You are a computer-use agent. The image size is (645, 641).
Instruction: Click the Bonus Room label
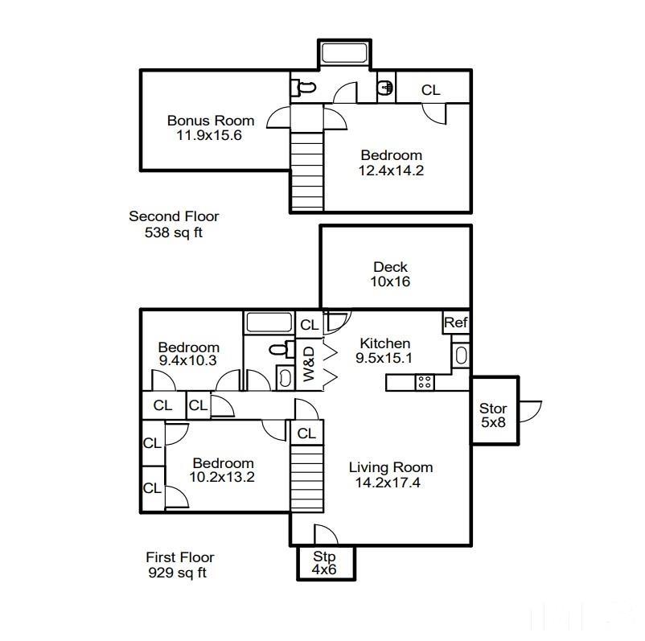coord(211,121)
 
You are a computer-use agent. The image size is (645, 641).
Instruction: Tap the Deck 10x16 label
coord(390,267)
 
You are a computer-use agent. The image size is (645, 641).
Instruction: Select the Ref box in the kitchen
coord(456,323)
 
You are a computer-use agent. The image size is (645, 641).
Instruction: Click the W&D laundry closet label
coord(308,364)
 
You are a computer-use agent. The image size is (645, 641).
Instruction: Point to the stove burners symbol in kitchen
coord(424,383)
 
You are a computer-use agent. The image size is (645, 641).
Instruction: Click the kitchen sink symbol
coord(461,355)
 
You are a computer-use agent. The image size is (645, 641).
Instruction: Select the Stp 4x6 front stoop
coord(324,563)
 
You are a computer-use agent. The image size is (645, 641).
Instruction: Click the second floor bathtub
coord(343,54)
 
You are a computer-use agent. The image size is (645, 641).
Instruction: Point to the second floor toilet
coord(303,87)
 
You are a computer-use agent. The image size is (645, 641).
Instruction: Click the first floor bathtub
coord(269,323)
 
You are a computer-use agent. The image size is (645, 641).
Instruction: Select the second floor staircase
coord(306,169)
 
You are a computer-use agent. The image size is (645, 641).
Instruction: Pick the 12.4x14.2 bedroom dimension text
coord(391,170)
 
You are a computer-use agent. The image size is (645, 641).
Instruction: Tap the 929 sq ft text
coord(178,573)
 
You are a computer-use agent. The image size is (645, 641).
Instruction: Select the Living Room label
coord(390,467)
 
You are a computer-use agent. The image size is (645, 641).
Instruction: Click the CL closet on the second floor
coord(431,90)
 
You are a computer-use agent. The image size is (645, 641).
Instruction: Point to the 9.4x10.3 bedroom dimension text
coord(187,361)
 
